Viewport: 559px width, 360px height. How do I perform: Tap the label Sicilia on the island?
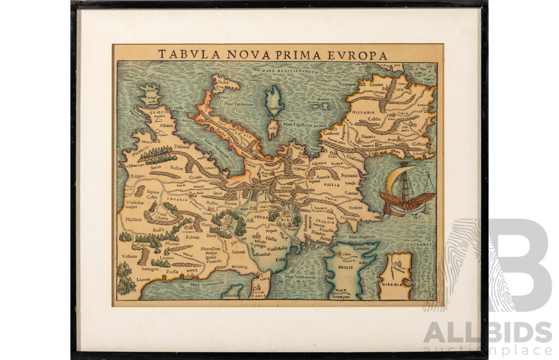coord(222,84)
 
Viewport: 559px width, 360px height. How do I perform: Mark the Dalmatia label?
coord(181,146)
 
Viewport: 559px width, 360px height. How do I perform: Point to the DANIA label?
coord(259,296)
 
